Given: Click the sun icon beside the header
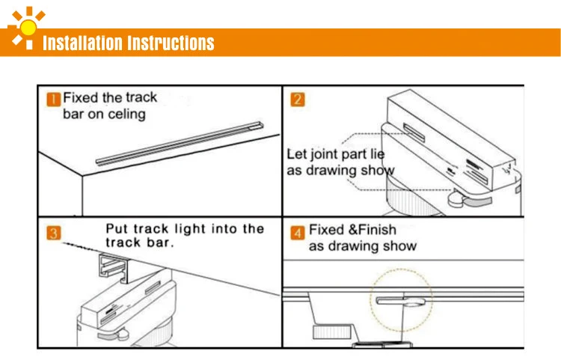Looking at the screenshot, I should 27,28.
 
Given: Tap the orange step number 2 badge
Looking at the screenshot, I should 297,99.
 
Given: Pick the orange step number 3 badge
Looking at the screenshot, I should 53,234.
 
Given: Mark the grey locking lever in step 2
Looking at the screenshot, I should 458,199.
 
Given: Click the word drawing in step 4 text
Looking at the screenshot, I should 353,246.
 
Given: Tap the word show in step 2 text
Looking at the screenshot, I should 378,171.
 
